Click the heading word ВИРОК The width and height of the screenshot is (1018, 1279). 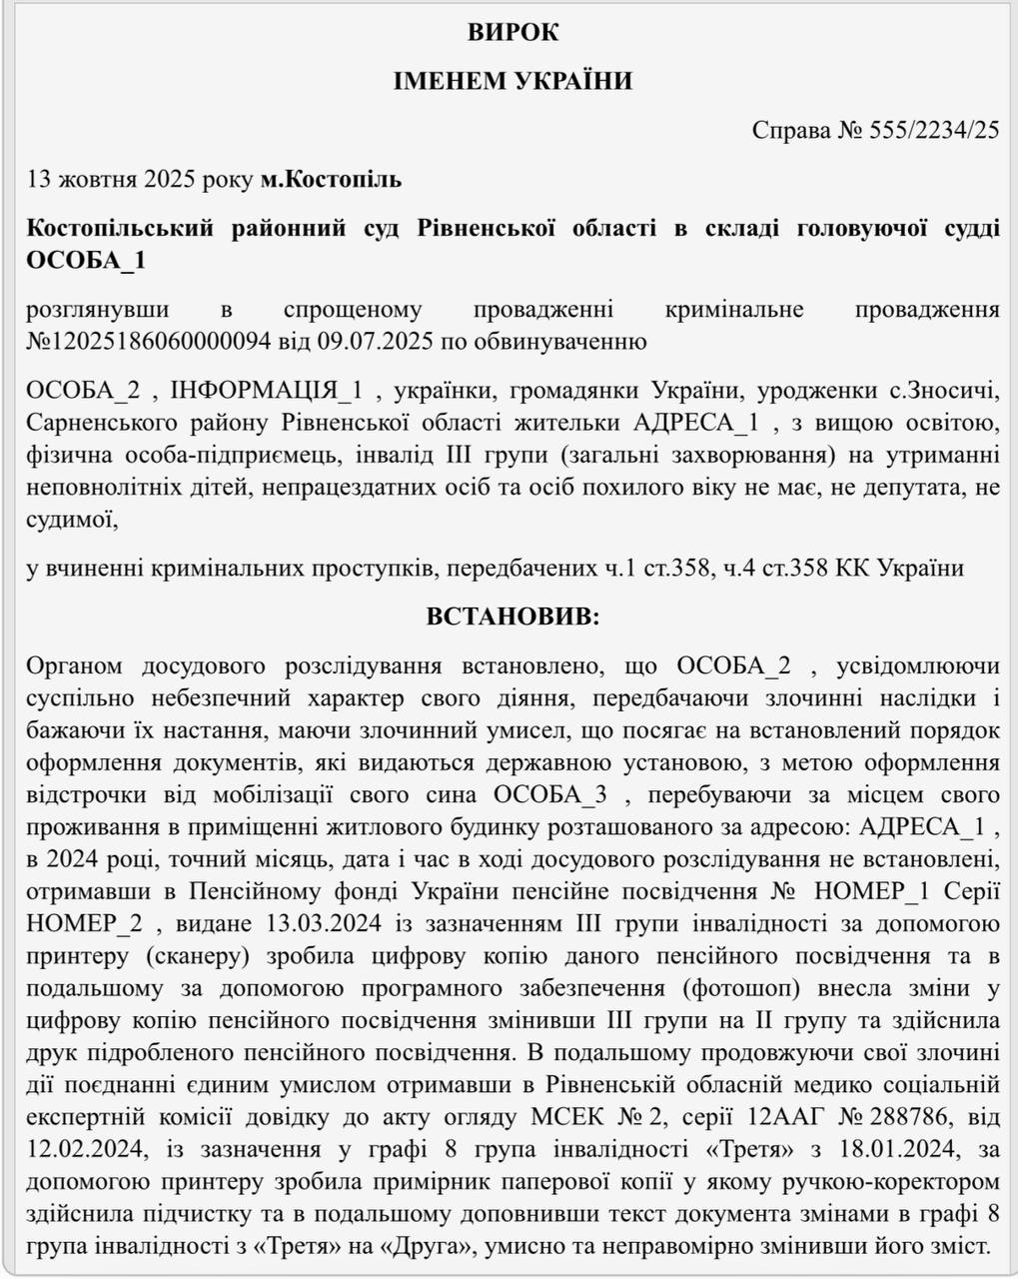pyautogui.click(x=512, y=32)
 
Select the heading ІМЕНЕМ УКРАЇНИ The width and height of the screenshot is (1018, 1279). pyautogui.click(x=512, y=81)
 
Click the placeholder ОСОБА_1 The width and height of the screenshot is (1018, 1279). pyautogui.click(x=87, y=260)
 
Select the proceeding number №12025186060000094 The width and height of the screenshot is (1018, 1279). pyautogui.click(x=149, y=342)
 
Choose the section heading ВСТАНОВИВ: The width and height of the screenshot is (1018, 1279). pyautogui.click(x=512, y=617)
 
